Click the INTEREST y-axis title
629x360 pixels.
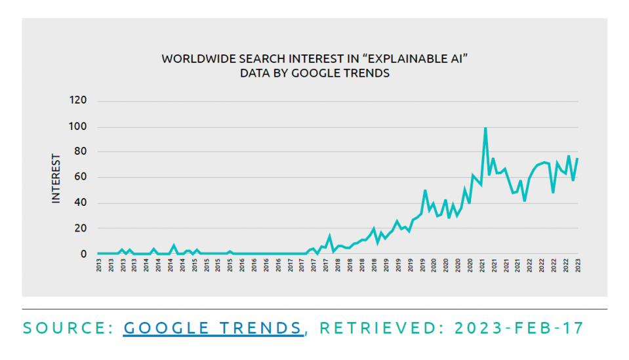56,178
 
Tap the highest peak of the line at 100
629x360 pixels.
485,129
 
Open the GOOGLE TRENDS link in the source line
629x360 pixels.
213,328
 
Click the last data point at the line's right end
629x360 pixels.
578,159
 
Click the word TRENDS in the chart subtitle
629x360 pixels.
367,73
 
